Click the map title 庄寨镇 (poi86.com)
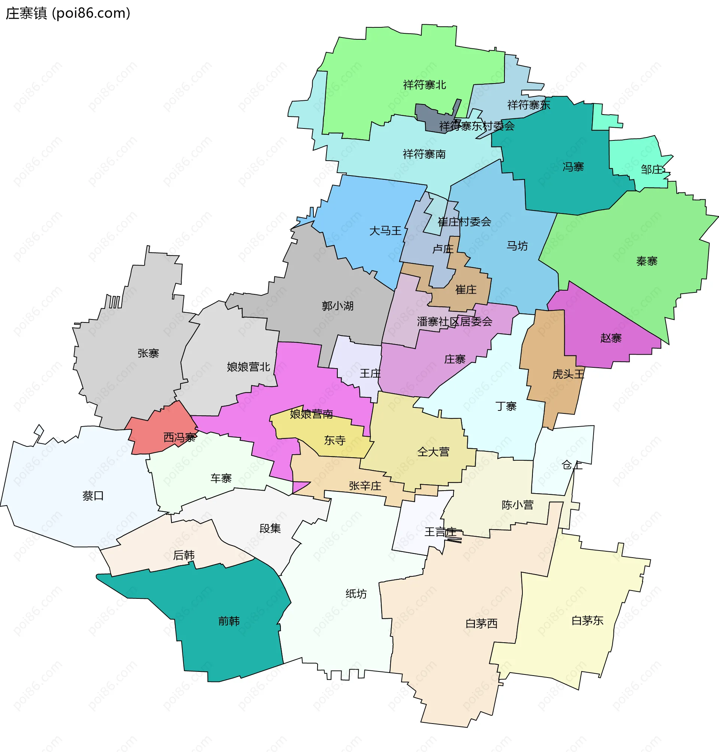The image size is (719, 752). tap(68, 13)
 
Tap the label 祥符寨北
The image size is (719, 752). tap(424, 85)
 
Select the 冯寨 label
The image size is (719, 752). tap(573, 167)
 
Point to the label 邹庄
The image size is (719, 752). tap(652, 169)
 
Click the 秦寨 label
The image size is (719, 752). tap(647, 261)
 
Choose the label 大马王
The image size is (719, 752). tap(385, 231)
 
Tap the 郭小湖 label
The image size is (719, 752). tap(337, 306)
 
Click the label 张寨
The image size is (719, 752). tap(148, 353)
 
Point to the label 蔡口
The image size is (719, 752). tap(93, 496)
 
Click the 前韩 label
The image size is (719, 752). tap(229, 621)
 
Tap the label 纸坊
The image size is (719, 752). tap(356, 594)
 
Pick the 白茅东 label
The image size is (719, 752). tap(587, 621)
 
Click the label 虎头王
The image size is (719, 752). tap(568, 374)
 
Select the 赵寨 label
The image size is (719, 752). tap(610, 338)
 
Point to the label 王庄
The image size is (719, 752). tap(370, 373)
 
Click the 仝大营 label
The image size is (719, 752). tap(433, 452)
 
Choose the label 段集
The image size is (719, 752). tap(270, 528)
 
